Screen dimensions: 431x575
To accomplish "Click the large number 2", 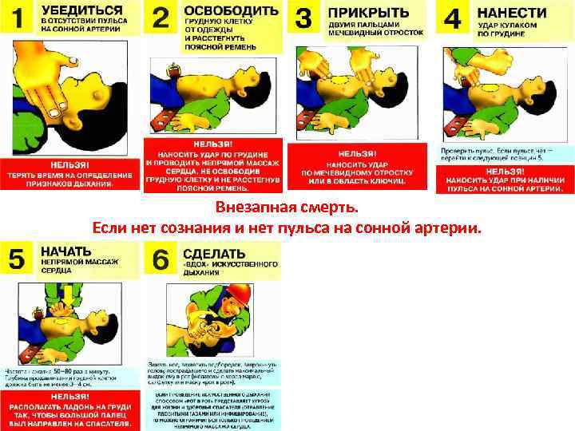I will (x=161, y=19).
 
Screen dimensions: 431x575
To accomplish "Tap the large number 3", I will (x=303, y=19).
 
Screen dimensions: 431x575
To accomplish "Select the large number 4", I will (x=452, y=19).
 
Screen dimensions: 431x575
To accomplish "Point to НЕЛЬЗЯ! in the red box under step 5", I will (x=70, y=395).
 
